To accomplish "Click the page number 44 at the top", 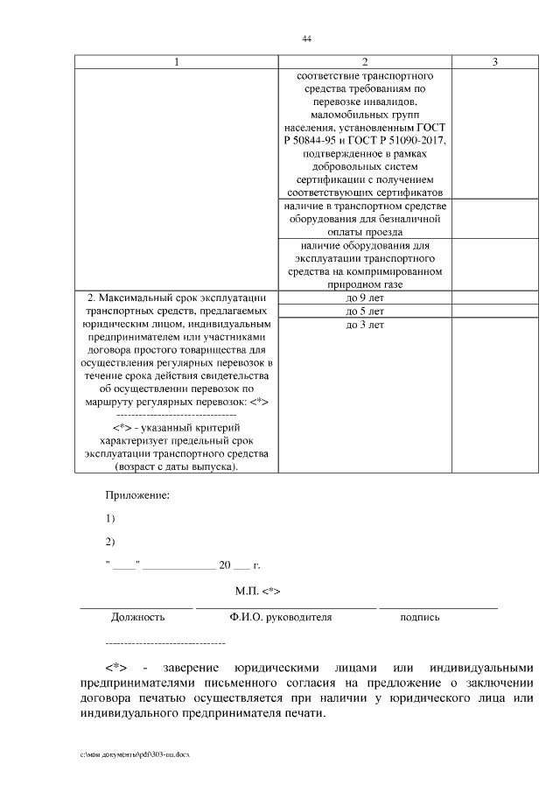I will (x=306, y=39).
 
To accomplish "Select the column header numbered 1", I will (x=178, y=62).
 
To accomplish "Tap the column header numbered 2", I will (x=365, y=62).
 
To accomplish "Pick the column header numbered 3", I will (x=495, y=62).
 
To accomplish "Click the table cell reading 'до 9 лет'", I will (x=365, y=298).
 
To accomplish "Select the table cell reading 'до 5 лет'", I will (x=365, y=312).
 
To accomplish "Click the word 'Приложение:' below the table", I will (x=137, y=495).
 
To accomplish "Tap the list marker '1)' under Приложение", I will (x=110, y=518).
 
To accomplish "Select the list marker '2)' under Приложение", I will (x=110, y=541).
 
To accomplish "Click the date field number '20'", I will (x=224, y=564).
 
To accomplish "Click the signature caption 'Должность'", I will (x=137, y=617).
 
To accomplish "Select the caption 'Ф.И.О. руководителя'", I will (x=281, y=617).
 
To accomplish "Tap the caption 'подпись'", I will (x=420, y=617).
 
